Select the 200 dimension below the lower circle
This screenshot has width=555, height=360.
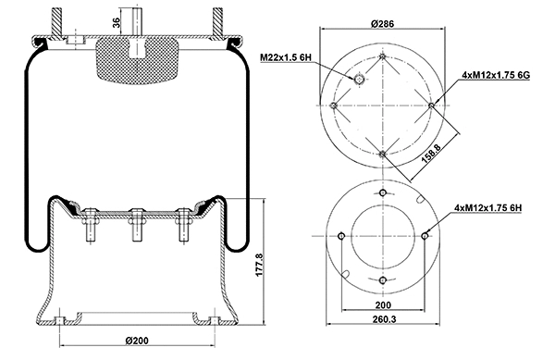click(382, 303)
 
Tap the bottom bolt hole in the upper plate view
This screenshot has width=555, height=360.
click(382, 155)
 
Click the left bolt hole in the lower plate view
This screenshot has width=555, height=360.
click(341, 236)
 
